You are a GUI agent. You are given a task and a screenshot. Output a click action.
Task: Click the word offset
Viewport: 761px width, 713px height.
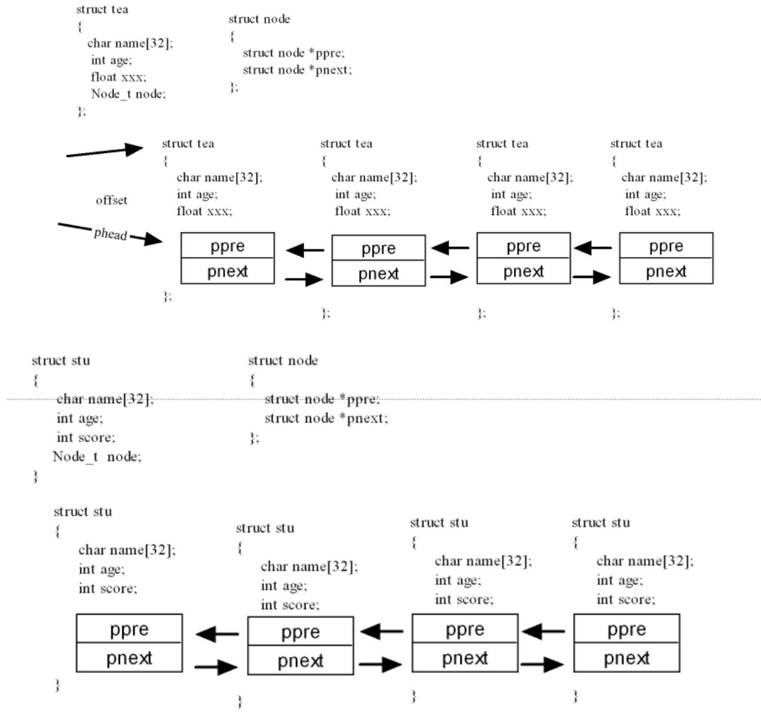tap(111, 200)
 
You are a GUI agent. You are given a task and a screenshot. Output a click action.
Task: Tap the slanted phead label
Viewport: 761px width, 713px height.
tap(110, 234)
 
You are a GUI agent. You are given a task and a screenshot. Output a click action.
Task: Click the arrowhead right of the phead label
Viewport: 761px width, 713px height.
tap(153, 239)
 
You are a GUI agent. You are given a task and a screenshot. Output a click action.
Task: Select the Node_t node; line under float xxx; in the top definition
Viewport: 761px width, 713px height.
tap(128, 94)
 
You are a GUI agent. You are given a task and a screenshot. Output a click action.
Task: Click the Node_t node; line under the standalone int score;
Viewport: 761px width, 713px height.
tap(97, 457)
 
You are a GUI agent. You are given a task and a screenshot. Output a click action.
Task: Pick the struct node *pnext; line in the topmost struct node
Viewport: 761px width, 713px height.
tap(297, 70)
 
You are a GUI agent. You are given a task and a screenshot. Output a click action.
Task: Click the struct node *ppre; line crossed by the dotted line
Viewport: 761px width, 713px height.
tap(322, 399)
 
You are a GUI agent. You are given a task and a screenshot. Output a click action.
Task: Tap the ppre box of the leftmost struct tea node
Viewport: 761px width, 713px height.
tap(228, 245)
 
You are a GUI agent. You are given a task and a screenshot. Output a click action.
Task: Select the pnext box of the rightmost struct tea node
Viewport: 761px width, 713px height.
tap(666, 271)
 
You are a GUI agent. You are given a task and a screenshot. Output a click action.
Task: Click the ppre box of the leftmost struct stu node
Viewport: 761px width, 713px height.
tap(129, 629)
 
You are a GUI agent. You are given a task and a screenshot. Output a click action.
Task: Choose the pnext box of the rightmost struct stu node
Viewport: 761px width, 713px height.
tap(627, 658)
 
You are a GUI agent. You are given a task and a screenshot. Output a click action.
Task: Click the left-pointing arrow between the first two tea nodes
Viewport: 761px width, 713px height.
tap(305, 250)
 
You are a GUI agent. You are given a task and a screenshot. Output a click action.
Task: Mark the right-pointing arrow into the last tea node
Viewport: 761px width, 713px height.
tap(591, 277)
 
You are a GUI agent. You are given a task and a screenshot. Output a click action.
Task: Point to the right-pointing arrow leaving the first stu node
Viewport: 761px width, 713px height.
tap(216, 667)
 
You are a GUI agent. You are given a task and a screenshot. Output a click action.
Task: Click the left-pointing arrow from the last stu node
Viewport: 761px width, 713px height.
tap(543, 631)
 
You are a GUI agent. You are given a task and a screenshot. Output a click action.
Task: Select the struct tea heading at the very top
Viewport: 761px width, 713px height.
tap(102, 9)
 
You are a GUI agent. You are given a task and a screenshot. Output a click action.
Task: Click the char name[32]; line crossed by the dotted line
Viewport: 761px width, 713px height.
tap(105, 399)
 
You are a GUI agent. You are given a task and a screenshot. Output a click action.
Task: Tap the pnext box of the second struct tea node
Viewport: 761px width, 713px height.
tap(379, 274)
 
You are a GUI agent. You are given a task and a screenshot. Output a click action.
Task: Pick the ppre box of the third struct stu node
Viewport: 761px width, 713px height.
tap(465, 629)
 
